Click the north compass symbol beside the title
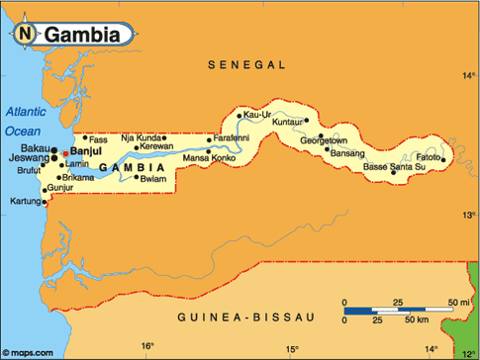point(24,35)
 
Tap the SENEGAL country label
point(246,64)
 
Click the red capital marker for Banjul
point(66,154)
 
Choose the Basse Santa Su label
point(395,166)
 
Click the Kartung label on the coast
point(24,202)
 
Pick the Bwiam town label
point(153,179)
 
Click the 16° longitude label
point(146,346)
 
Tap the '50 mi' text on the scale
point(458,302)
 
